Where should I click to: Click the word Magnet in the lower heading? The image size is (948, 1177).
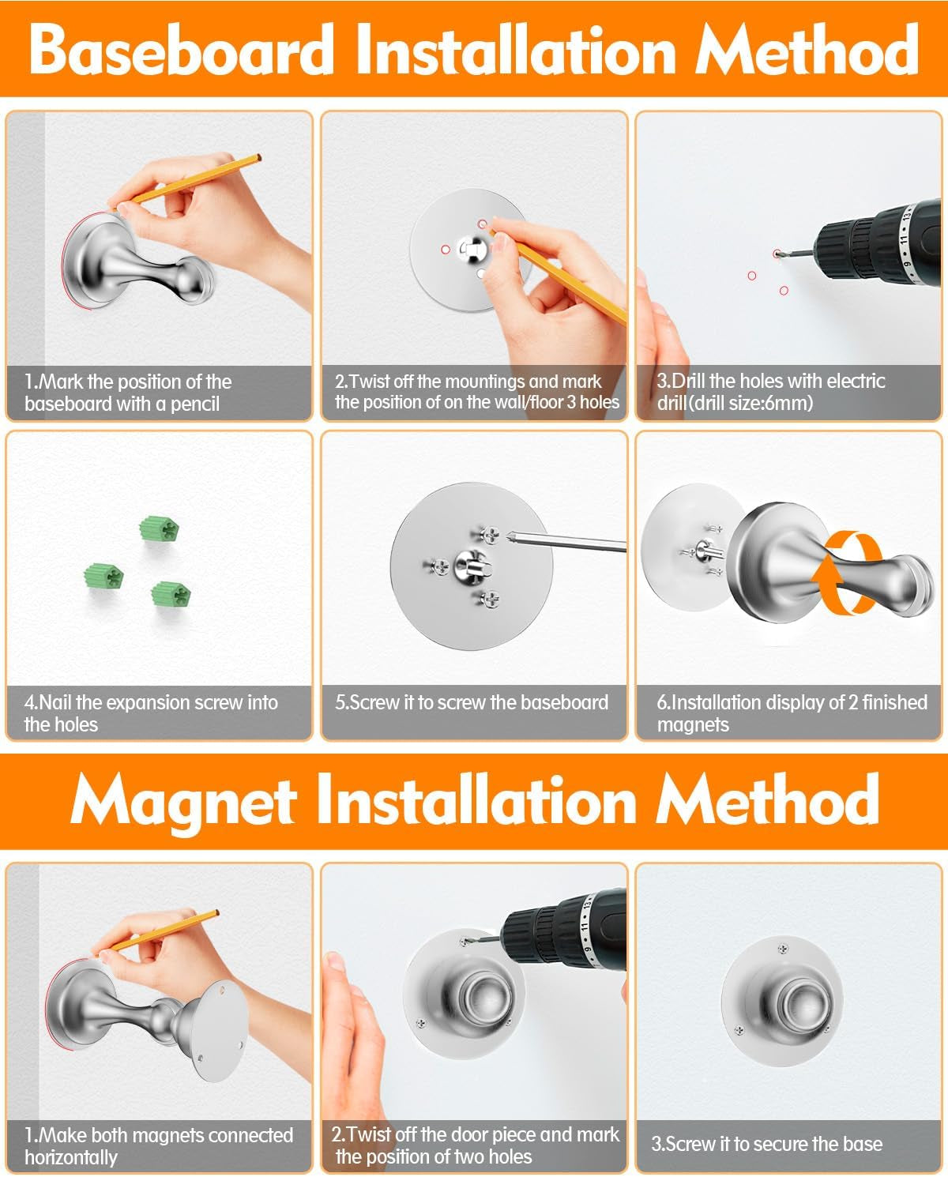coord(183,801)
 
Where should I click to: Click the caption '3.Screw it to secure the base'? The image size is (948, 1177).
coord(766,1144)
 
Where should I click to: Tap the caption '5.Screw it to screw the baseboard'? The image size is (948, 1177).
coord(472,702)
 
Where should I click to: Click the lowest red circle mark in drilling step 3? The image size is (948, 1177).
coord(784,291)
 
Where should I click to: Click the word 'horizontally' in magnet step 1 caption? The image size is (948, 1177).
coord(71,1157)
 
